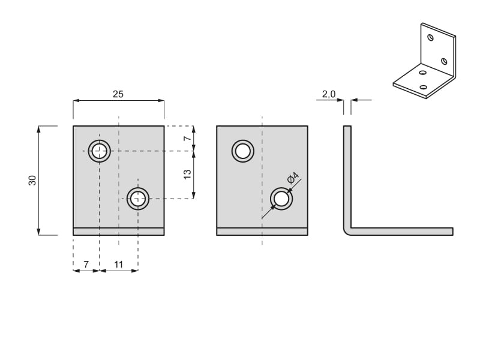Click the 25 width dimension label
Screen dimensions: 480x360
tap(118, 94)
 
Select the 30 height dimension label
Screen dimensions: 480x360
tap(32, 181)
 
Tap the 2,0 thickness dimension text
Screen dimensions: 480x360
tap(328, 94)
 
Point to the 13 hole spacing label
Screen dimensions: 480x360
tap(187, 174)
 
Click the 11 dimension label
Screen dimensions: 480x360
tap(118, 264)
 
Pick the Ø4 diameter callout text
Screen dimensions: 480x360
tap(293, 178)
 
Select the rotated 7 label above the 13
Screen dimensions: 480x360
tap(187, 138)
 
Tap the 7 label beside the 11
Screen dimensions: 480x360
tap(86, 264)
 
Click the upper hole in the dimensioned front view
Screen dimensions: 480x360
tap(100, 151)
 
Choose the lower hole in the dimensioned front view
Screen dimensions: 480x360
tap(138, 199)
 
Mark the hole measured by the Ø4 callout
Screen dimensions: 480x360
tap(281, 199)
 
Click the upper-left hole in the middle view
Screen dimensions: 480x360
tap(243, 151)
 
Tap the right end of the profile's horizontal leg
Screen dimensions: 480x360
tap(453, 232)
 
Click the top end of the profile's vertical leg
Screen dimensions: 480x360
tap(347, 126)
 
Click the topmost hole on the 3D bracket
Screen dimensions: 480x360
tap(430, 38)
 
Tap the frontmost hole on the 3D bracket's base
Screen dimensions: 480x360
tap(424, 87)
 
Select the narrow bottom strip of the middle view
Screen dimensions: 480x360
tap(262, 232)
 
